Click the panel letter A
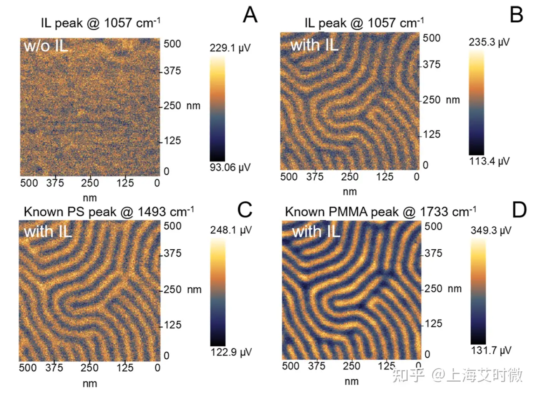pyautogui.click(x=250, y=15)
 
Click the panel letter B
pyautogui.click(x=516, y=15)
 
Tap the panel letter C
pyautogui.click(x=245, y=210)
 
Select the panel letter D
pyautogui.click(x=519, y=210)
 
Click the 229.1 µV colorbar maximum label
pyautogui.click(x=230, y=48)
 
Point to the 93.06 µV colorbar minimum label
pyautogui.click(x=230, y=167)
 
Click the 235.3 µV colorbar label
pyautogui.click(x=489, y=42)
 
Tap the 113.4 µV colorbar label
pyautogui.click(x=489, y=161)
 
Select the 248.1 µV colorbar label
pyautogui.click(x=231, y=230)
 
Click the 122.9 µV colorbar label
pyautogui.click(x=231, y=352)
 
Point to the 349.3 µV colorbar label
pyautogui.click(x=491, y=231)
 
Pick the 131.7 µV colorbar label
pyautogui.click(x=491, y=350)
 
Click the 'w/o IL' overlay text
pyautogui.click(x=46, y=46)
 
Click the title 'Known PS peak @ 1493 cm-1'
pyautogui.click(x=109, y=212)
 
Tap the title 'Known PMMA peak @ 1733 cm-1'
pyautogui.click(x=380, y=212)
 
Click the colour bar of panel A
pyautogui.click(x=217, y=109)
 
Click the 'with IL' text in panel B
pyautogui.click(x=314, y=45)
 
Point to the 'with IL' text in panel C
pyautogui.click(x=48, y=232)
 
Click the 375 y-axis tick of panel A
pyautogui.click(x=172, y=71)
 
